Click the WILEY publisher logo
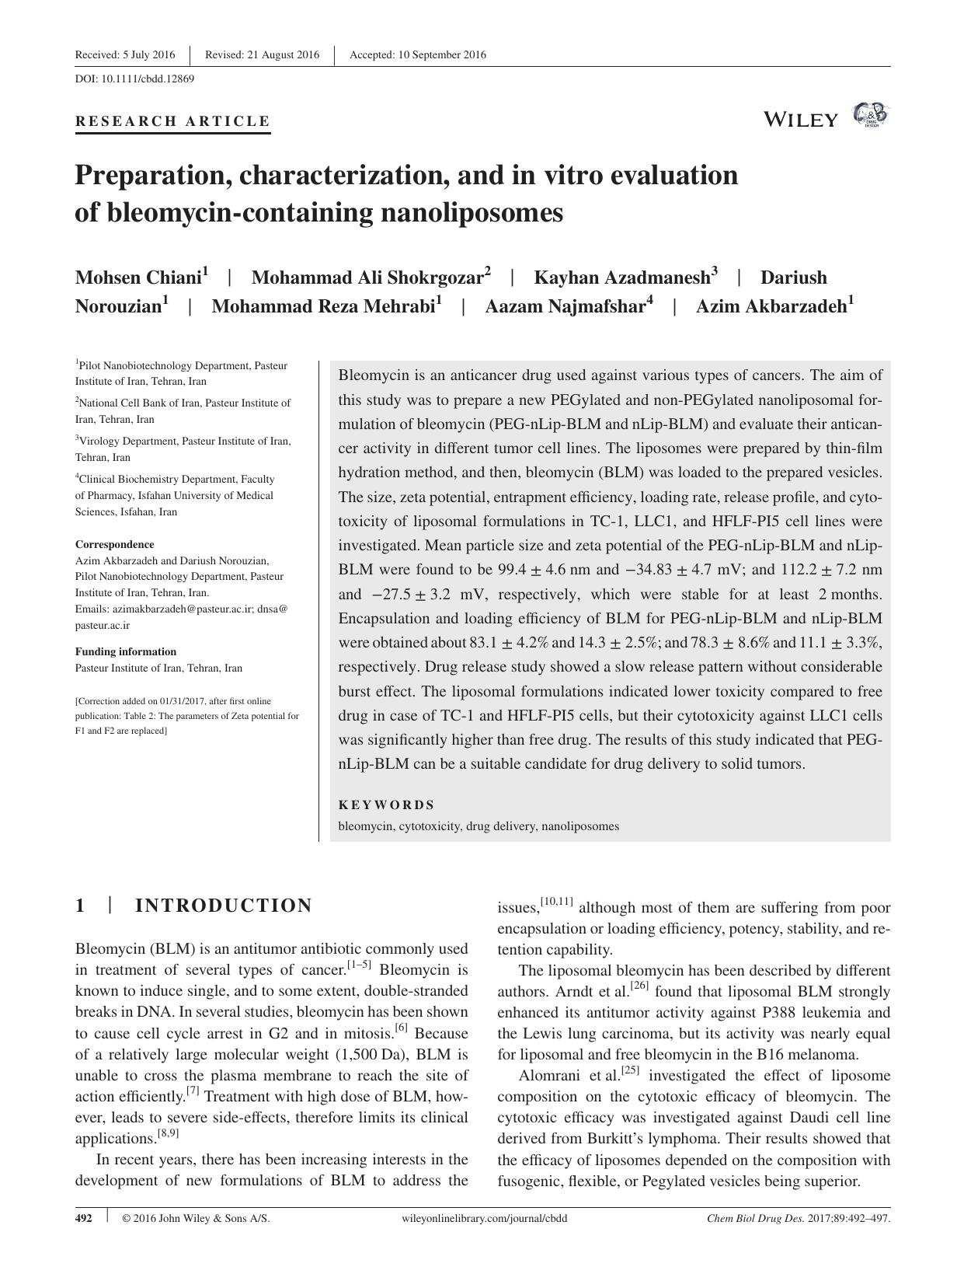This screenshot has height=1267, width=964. (801, 119)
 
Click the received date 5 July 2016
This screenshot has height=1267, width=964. (148, 54)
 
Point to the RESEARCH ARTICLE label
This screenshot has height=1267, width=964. (172, 121)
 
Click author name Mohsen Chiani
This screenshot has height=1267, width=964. (138, 277)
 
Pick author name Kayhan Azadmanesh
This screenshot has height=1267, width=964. (622, 277)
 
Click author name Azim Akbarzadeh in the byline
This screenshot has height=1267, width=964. (771, 306)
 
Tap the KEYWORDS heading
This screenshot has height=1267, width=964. (386, 805)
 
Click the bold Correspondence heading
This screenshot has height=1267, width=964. (114, 544)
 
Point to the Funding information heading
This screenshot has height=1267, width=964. (125, 651)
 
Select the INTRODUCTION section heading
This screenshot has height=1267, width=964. (223, 906)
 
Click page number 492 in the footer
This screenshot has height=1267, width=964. (83, 1218)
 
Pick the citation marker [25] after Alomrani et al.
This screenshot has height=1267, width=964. (630, 1071)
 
